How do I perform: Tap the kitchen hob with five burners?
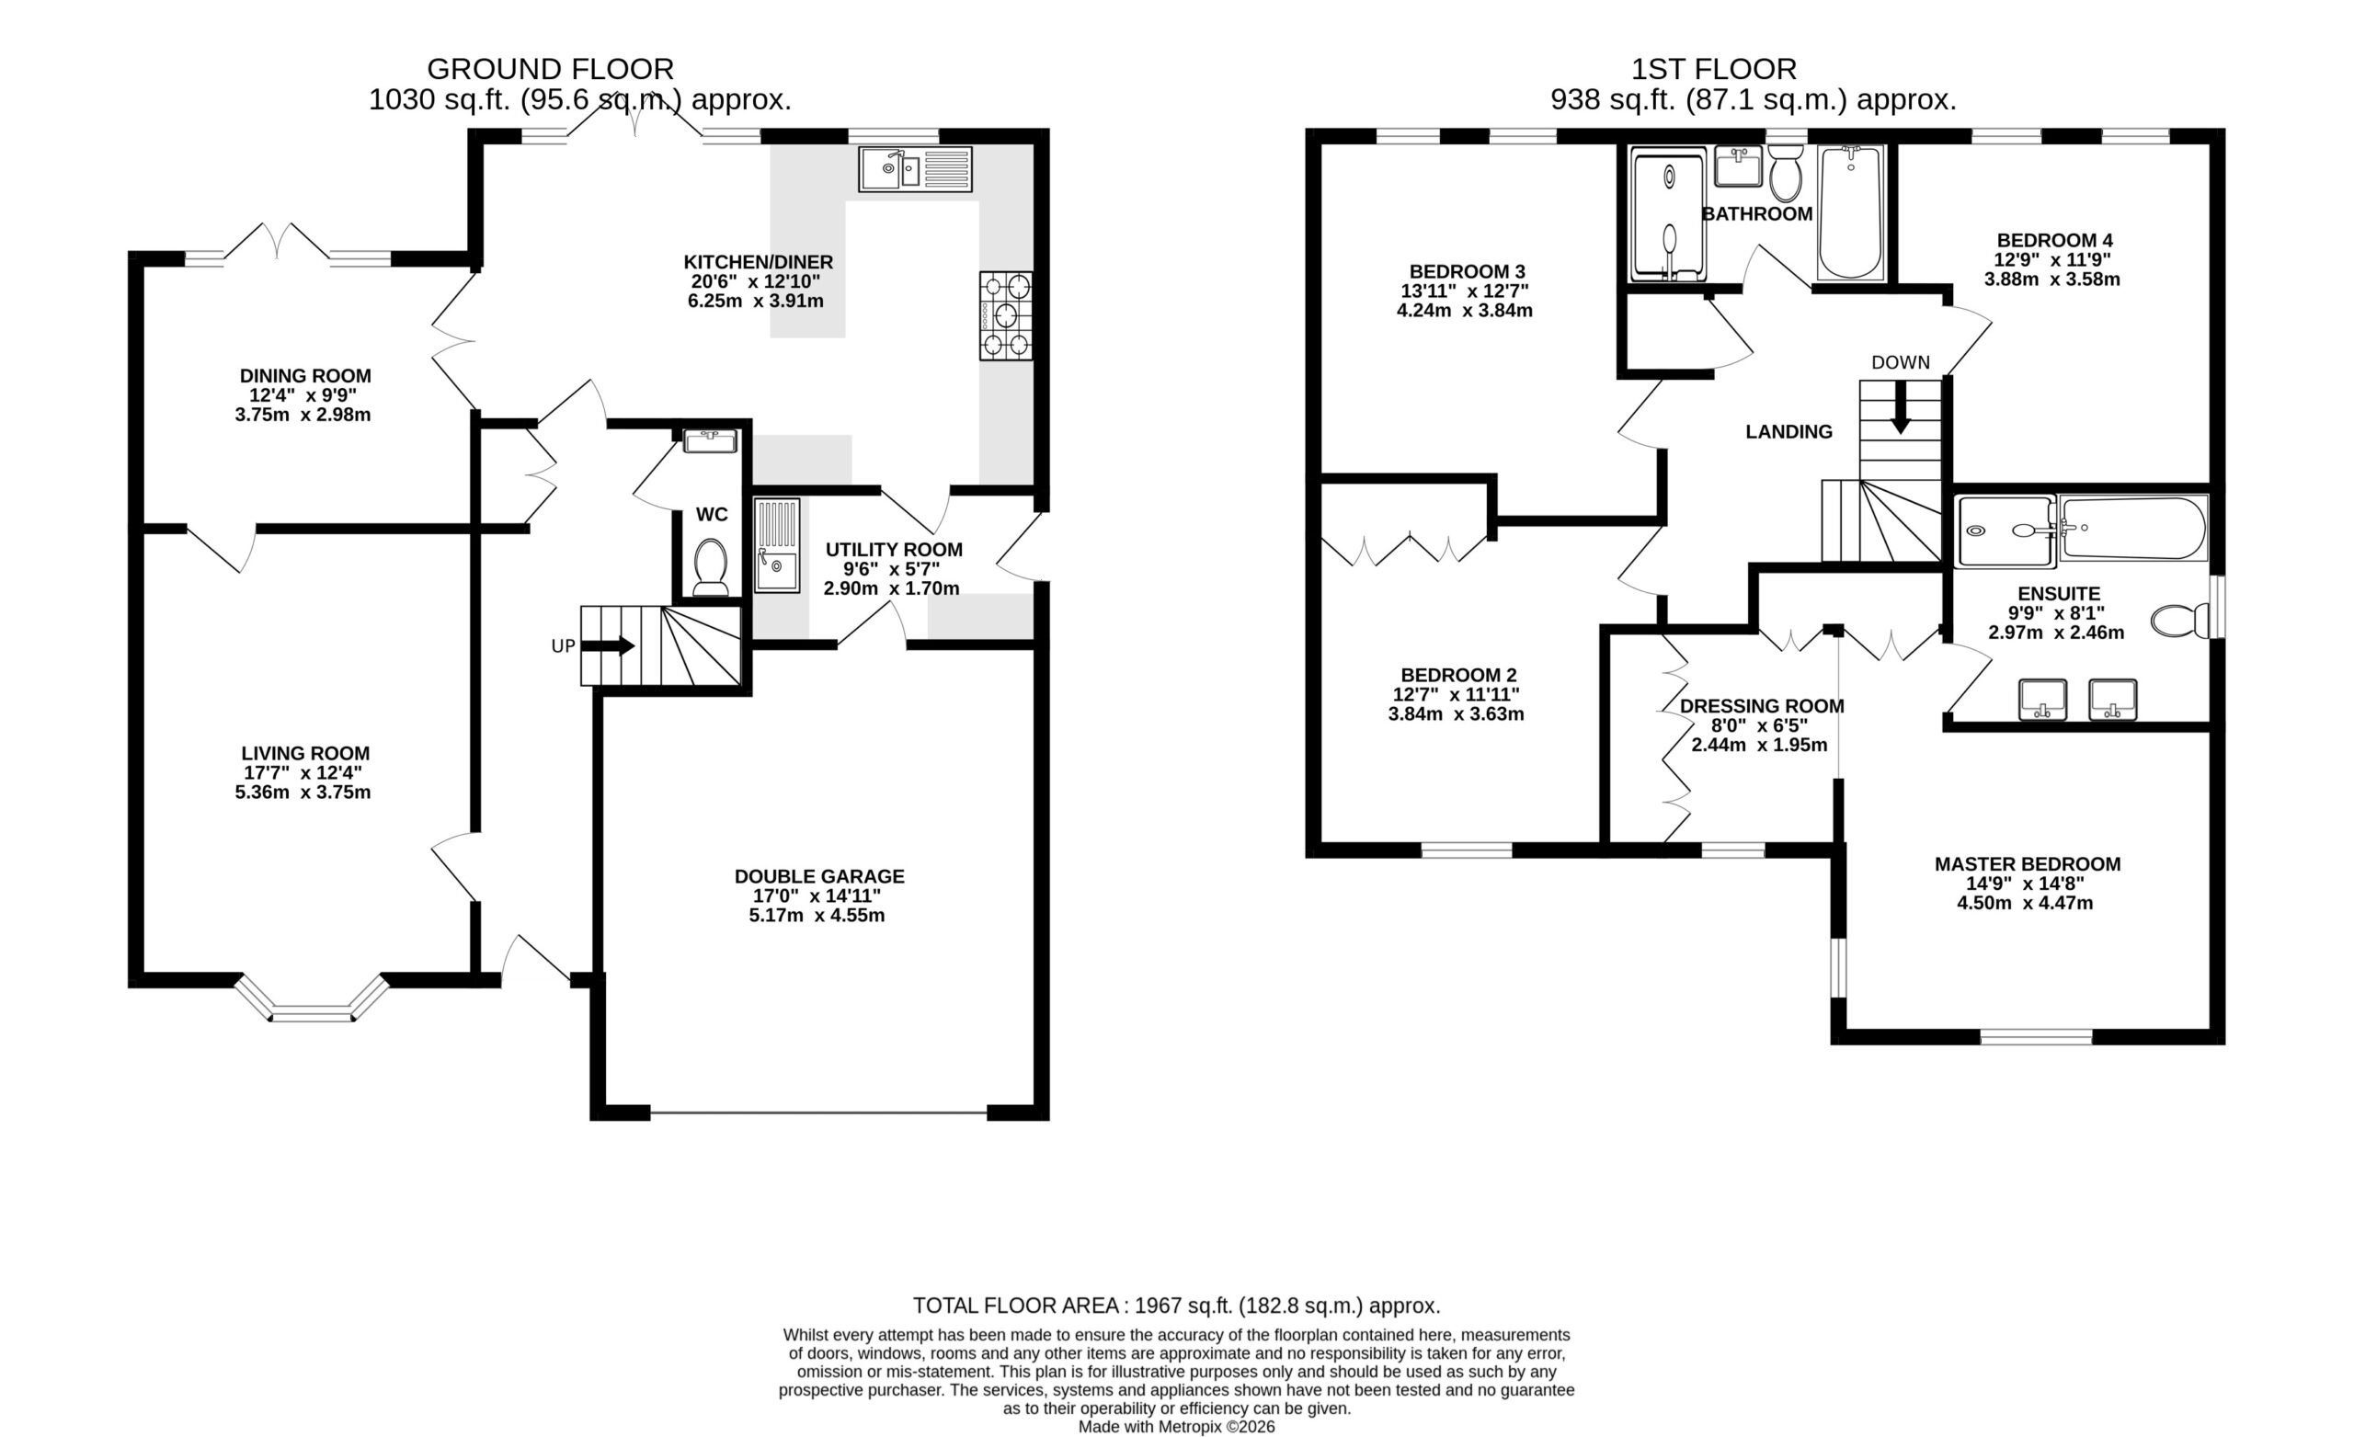tap(1006, 316)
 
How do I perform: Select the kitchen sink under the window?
tap(914, 169)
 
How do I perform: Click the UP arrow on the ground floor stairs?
tap(608, 646)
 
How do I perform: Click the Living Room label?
tap(304, 753)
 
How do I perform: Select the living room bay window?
tap(313, 998)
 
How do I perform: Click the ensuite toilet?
tap(2180, 620)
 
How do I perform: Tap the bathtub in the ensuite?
tap(2132, 528)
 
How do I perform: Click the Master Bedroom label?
tap(2028, 863)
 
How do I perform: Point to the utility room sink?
tap(777, 545)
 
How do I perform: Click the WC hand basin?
tap(710, 441)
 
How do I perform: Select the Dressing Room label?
tap(1762, 706)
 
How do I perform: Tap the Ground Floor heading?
tap(550, 69)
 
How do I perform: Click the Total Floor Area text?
tap(1176, 1306)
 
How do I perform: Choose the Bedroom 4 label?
tap(2054, 240)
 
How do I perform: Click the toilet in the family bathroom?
tap(1785, 173)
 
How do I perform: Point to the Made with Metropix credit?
tap(1176, 1427)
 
